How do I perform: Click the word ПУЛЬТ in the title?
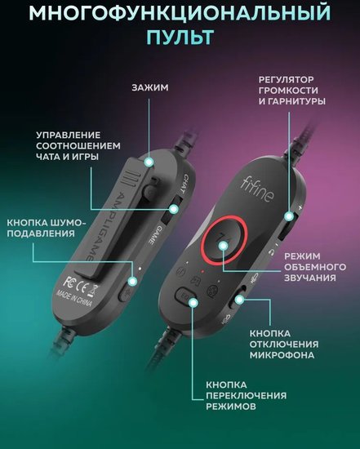pyautogui.click(x=180, y=37)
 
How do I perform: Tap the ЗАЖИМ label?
pyautogui.click(x=150, y=87)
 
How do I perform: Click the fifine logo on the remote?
pyautogui.click(x=257, y=189)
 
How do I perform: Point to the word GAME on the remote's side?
pyautogui.click(x=153, y=234)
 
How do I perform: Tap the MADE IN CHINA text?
pyautogui.click(x=74, y=298)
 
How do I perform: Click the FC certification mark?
pyautogui.click(x=69, y=281)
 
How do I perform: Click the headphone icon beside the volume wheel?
pyautogui.click(x=271, y=252)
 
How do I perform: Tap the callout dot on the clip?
pyautogui.click(x=149, y=162)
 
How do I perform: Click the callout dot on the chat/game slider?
pyautogui.click(x=174, y=209)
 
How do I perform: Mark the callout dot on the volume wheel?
pyautogui.click(x=289, y=216)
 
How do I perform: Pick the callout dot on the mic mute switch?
pyautogui.click(x=239, y=300)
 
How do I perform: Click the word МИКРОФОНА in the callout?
pyautogui.click(x=282, y=355)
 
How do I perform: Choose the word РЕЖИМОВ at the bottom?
pyautogui.click(x=231, y=407)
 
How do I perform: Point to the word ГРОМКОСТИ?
pyautogui.click(x=288, y=90)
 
